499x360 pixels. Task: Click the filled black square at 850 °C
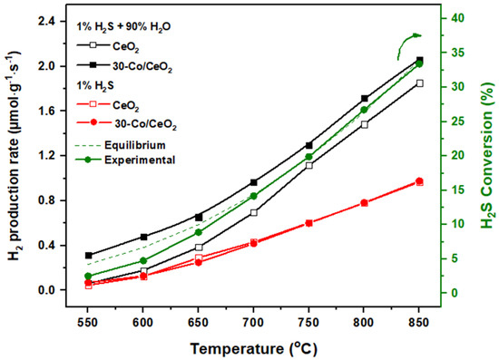coord(419,60)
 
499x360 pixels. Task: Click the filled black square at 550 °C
coord(88,256)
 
